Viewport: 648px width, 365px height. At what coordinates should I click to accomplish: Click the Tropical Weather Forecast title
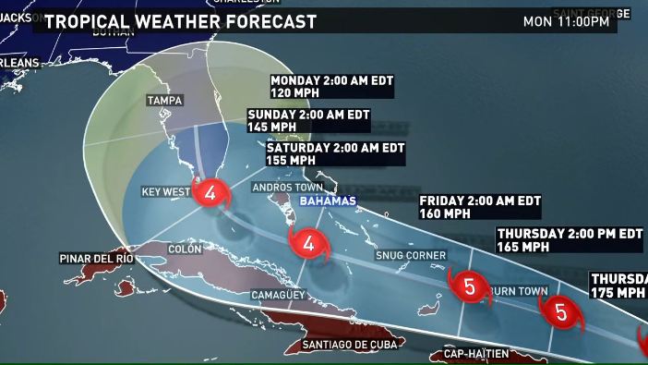pyautogui.click(x=180, y=21)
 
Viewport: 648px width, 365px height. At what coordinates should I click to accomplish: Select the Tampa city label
pyautogui.click(x=165, y=100)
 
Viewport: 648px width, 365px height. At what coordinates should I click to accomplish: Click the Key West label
pyautogui.click(x=165, y=192)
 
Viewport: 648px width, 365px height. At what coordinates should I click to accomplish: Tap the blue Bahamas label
pyautogui.click(x=326, y=201)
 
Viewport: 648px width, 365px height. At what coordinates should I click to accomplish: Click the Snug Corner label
pyautogui.click(x=411, y=255)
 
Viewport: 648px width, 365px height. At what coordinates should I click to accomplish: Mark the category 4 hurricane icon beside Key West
pyautogui.click(x=211, y=193)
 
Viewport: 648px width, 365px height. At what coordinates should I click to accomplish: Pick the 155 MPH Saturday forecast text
pyautogui.click(x=292, y=160)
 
